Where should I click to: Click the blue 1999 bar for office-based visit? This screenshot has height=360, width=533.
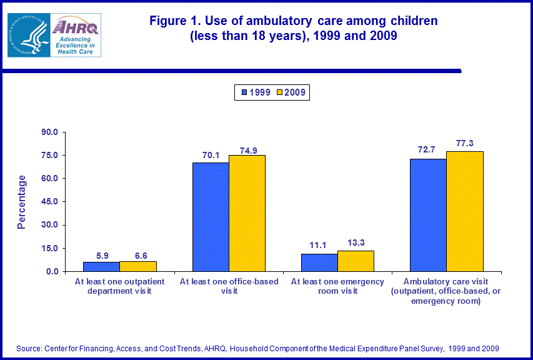211,217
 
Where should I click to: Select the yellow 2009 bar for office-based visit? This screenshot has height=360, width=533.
247,213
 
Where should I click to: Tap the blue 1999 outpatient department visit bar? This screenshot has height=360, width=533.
101,267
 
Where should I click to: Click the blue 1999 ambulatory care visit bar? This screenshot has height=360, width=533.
428,215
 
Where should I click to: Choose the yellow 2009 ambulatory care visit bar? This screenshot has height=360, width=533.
464,211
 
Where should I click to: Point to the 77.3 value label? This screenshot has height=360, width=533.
465,143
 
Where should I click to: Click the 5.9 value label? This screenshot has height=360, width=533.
102,255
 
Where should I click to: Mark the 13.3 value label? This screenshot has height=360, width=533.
356,243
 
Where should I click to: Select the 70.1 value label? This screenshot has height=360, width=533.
211,155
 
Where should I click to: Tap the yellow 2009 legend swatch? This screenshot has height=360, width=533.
279,92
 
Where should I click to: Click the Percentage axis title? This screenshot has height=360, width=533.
22,202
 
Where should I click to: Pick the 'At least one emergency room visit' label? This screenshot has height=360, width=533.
337,286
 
